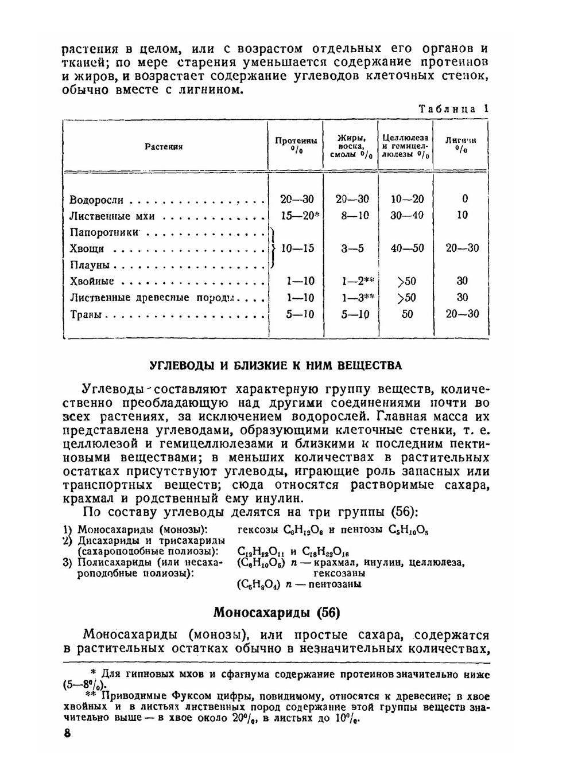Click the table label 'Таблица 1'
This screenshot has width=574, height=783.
point(453,109)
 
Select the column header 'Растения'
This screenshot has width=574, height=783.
point(164,147)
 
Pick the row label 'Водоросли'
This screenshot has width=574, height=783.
point(96,200)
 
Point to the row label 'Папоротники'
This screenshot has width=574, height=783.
point(104,232)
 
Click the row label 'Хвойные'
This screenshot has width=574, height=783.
point(92,282)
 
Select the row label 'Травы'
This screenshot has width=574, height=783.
point(86,315)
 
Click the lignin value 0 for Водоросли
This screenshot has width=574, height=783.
point(464,199)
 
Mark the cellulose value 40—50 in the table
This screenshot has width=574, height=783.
point(407,249)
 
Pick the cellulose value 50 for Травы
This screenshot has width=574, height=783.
point(407,314)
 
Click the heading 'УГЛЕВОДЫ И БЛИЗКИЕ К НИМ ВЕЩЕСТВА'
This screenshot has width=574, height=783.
point(276,365)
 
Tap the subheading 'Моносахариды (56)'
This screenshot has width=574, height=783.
point(277,613)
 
